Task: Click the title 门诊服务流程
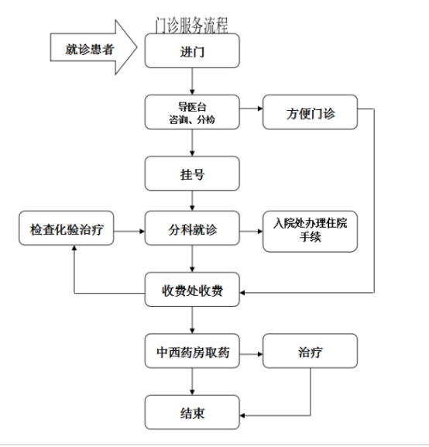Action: (191, 25)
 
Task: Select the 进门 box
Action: (192, 51)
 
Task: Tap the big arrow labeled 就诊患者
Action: (94, 47)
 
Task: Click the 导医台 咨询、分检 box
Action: (192, 112)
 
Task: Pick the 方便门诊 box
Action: (310, 112)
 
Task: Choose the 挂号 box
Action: (192, 174)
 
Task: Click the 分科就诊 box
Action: (192, 228)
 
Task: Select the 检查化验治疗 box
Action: (67, 228)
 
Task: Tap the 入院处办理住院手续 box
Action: (310, 232)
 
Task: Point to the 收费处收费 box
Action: (192, 290)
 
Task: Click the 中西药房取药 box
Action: (192, 351)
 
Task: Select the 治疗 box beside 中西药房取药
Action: (310, 351)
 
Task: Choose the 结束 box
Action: (192, 412)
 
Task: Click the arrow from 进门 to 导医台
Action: (192, 81)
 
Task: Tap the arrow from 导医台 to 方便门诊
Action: (251, 108)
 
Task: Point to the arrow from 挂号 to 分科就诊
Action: (192, 201)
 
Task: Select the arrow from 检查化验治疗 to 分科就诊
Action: (129, 232)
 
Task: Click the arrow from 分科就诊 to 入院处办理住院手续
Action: (251, 232)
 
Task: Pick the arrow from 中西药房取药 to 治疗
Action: (251, 354)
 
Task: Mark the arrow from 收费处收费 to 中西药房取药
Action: (192, 320)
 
